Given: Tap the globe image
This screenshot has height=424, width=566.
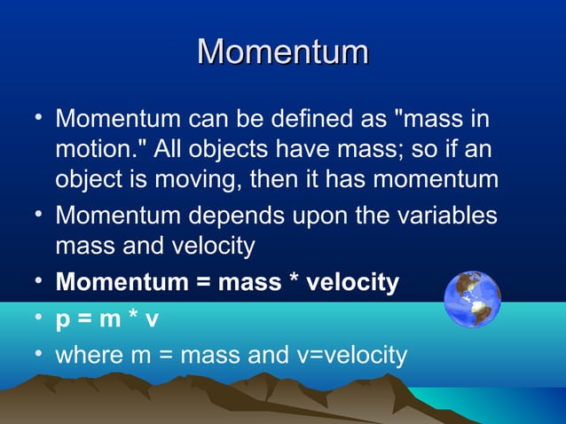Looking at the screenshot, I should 472,300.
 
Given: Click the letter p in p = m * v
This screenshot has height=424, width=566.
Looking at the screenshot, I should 64,320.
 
